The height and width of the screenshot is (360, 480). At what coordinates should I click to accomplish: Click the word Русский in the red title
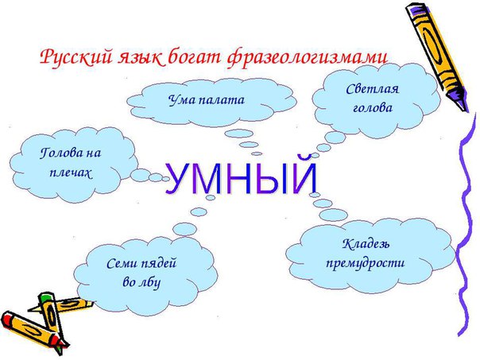[x=76, y=57]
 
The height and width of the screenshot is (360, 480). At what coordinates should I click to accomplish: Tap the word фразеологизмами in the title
[x=308, y=57]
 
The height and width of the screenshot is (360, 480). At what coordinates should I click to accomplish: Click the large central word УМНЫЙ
[x=241, y=177]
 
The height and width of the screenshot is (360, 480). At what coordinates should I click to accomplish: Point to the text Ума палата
[x=207, y=100]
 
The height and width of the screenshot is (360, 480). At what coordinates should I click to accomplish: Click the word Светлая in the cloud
[x=373, y=89]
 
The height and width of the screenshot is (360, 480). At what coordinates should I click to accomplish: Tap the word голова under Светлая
[x=373, y=107]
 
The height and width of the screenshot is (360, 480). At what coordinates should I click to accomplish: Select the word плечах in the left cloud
[x=71, y=173]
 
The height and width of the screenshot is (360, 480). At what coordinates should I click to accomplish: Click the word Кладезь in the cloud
[x=366, y=244]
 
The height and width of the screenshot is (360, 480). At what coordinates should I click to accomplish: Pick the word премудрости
[x=366, y=263]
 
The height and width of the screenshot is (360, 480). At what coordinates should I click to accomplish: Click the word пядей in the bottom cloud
[x=159, y=263]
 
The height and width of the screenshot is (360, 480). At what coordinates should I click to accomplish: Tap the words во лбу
[x=141, y=282]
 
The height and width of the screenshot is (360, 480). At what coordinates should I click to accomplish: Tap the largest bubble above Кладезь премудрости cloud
[x=333, y=215]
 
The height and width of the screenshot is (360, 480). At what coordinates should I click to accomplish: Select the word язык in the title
[x=141, y=57]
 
